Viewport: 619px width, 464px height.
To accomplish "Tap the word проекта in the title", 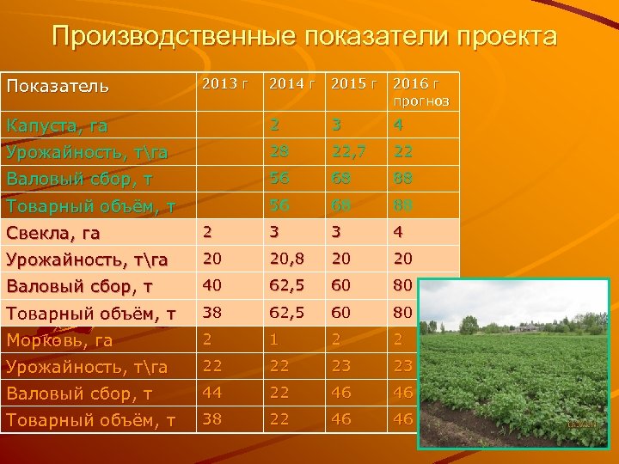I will click(502, 37).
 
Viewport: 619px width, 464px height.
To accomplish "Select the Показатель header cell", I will click(58, 86).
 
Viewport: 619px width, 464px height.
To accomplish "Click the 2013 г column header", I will click(225, 84).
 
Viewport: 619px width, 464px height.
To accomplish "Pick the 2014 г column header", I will click(292, 84).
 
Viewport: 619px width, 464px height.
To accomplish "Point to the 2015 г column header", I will click(354, 84).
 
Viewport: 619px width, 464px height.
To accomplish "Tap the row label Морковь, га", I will click(59, 340).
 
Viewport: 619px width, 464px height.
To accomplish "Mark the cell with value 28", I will click(279, 152).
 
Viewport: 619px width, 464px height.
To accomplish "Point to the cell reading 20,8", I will click(285, 259).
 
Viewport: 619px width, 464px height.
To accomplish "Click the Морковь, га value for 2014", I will click(274, 339).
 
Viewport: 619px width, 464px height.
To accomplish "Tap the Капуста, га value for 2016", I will click(397, 125).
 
